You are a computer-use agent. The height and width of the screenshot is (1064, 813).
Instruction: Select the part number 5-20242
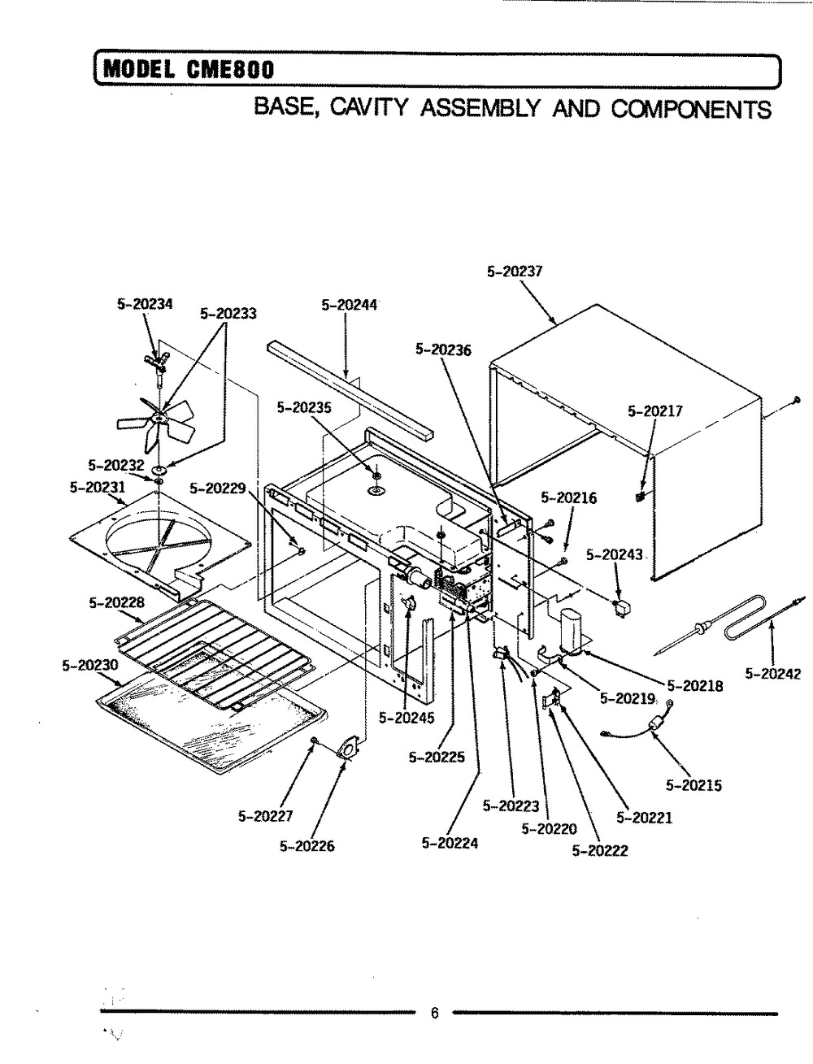tap(773, 674)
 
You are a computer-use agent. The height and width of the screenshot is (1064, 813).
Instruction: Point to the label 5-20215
tap(693, 785)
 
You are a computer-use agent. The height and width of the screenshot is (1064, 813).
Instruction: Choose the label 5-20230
tap(90, 665)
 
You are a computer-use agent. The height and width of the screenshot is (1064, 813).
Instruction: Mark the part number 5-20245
tap(406, 718)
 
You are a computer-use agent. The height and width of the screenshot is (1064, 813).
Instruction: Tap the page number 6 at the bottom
tap(434, 1013)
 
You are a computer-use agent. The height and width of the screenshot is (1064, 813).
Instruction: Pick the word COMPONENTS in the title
tap(690, 109)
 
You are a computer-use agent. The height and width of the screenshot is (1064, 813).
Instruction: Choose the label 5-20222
tap(600, 851)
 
